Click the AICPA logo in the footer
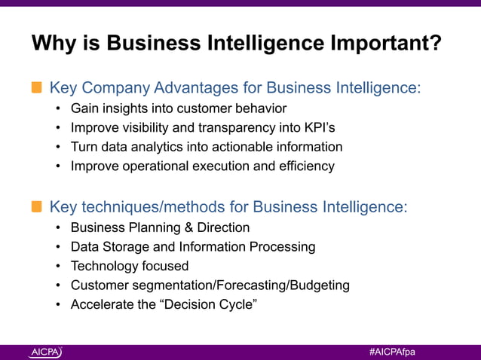46,352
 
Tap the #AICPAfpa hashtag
392,352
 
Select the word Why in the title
54,44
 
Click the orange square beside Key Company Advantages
36,88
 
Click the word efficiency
307,166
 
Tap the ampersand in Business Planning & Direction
188,227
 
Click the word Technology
104,266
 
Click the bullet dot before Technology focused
58,266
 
